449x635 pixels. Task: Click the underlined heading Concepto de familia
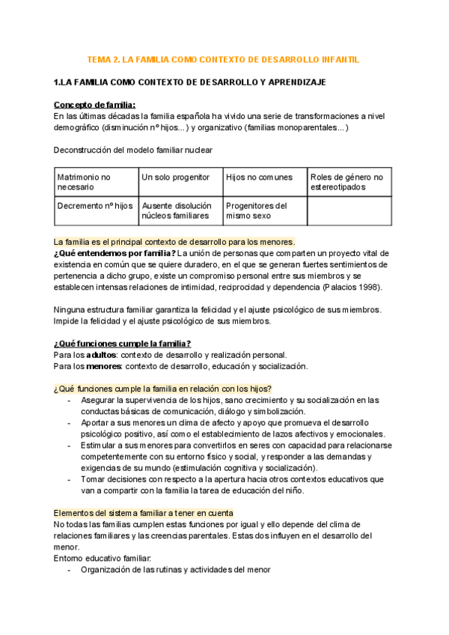pos(94,104)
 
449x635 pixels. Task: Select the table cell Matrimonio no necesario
pos(96,182)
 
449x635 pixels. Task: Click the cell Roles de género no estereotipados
pos(349,182)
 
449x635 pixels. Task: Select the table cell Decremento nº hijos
pos(96,210)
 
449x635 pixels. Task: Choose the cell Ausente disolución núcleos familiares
pos(180,210)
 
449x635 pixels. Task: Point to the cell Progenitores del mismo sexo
pos(265,210)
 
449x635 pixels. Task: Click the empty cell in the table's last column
pos(349,210)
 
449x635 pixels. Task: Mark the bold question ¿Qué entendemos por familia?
pos(114,253)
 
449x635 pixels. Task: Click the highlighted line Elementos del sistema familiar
pos(143,491)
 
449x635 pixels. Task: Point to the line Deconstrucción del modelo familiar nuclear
pos(133,150)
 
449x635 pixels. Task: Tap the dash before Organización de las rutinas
pos(70,569)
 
